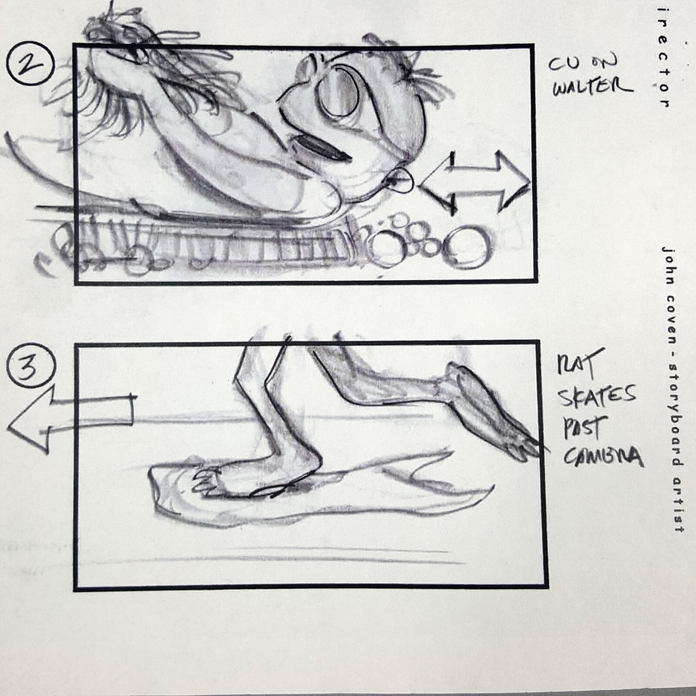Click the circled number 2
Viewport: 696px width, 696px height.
pyautogui.click(x=30, y=66)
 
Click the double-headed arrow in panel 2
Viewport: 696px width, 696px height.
pyautogui.click(x=474, y=183)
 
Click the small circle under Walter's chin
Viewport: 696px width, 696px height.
pyautogui.click(x=401, y=180)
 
